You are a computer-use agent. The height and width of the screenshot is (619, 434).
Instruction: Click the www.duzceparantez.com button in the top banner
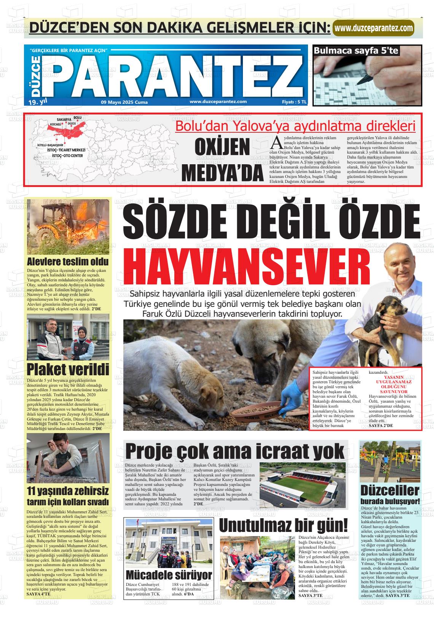click(373, 28)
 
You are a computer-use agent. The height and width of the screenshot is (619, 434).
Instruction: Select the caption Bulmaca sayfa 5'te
click(356, 50)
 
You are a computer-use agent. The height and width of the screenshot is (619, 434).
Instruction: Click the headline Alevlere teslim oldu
click(68, 262)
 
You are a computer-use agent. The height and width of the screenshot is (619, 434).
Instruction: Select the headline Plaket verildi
click(68, 369)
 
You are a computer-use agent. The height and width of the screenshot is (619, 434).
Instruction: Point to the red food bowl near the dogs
click(263, 410)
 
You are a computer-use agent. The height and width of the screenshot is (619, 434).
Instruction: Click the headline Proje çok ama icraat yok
click(235, 451)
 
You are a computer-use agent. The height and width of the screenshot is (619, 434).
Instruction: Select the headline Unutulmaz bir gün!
click(283, 525)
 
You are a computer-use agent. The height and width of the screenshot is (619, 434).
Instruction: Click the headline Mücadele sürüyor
click(169, 574)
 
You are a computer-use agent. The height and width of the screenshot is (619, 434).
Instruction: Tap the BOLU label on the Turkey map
click(77, 118)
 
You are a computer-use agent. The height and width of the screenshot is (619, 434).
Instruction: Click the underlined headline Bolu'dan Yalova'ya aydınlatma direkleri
click(295, 126)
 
